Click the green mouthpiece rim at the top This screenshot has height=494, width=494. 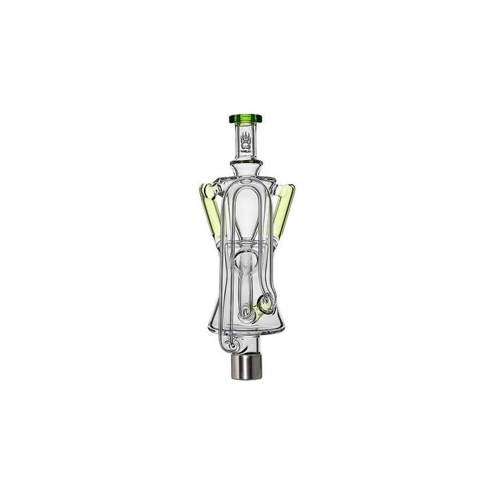coord(247,118)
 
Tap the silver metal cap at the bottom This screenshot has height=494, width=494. coord(247,350)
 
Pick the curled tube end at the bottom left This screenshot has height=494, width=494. coord(224,332)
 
